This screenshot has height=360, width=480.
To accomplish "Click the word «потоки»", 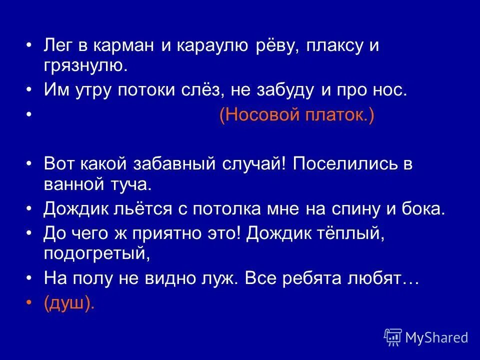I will point(169,90).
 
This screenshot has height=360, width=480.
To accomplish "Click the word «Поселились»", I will point(342,165).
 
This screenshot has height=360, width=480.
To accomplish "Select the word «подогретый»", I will point(96,253).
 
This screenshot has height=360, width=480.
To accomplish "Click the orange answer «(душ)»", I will point(68,303).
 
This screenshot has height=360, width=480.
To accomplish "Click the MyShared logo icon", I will point(393,337).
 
